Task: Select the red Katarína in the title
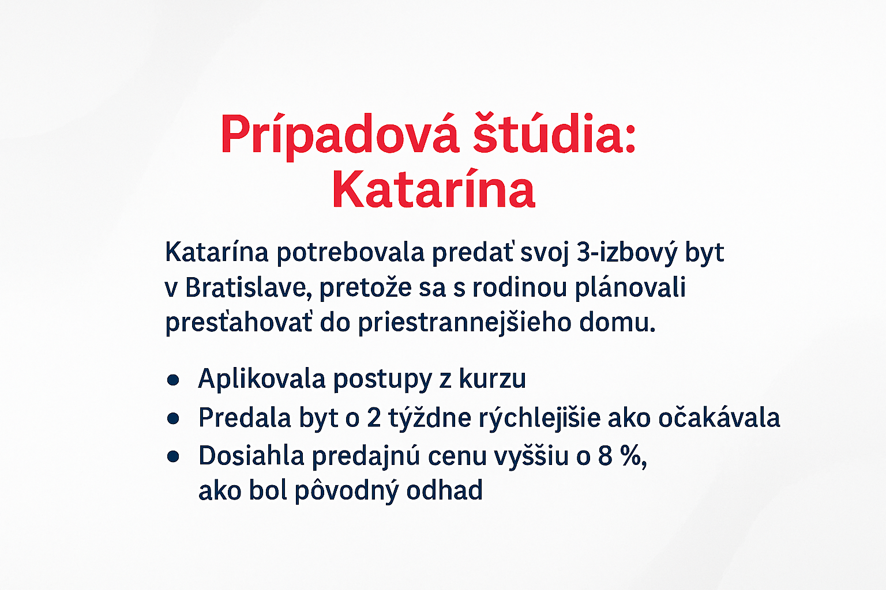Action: click(x=434, y=188)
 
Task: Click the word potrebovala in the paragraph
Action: click(x=351, y=254)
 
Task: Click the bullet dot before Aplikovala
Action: click(x=173, y=380)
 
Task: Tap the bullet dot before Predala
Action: click(x=173, y=418)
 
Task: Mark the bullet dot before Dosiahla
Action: click(x=173, y=457)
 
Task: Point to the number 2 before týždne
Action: click(x=374, y=418)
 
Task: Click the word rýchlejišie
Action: click(x=540, y=418)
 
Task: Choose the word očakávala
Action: click(x=719, y=417)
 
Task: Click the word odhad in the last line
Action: click(x=444, y=490)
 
